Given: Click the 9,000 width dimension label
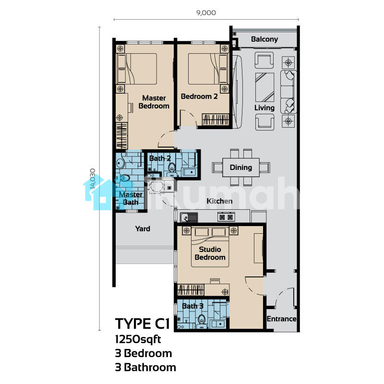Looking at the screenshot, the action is (206, 13).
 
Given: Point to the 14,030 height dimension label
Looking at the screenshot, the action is (93, 179).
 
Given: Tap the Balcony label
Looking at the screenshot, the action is (264, 39).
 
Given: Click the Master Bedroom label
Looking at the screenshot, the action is (154, 102).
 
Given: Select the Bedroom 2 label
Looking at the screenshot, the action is (199, 96).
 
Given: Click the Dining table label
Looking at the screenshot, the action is (241, 168).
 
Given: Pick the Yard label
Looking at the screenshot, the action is (143, 228).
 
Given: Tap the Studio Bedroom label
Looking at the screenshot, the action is (210, 253).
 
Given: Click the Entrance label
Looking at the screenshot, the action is (281, 319).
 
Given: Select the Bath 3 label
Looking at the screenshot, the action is (192, 306).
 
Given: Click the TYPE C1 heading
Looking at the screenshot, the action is (142, 324).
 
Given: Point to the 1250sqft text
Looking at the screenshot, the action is (138, 339).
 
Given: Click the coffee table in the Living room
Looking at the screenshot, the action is (264, 87).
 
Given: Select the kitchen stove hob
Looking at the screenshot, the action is (226, 217).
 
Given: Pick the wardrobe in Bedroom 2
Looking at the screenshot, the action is (216, 120).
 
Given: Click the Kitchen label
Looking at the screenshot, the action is (219, 201).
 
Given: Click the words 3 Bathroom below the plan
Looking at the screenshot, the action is (145, 367).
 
